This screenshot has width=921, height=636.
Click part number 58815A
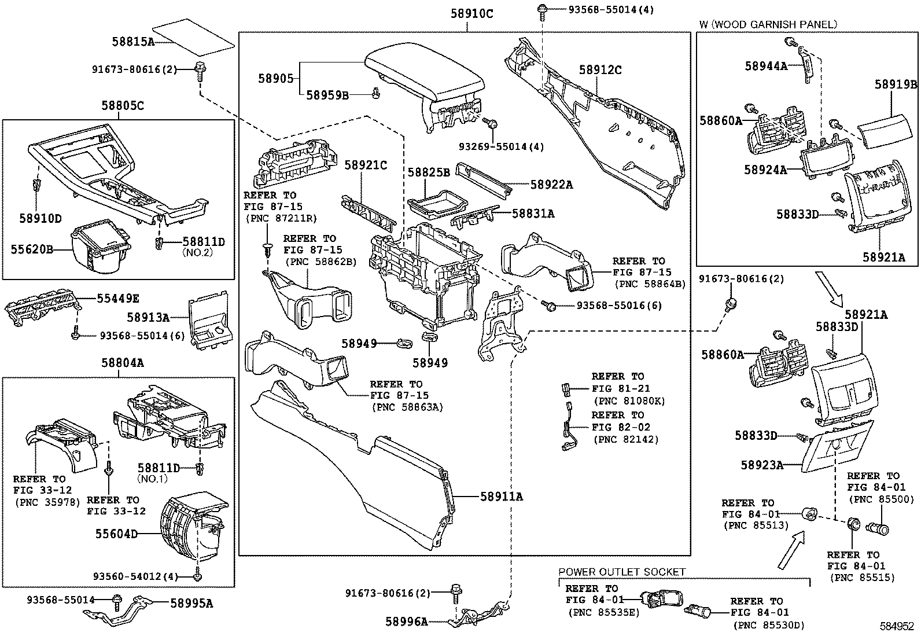point(133,41)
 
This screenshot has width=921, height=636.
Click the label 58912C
point(600,70)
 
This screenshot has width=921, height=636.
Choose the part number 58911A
point(501,496)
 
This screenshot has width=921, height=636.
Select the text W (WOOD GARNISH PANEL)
point(768,24)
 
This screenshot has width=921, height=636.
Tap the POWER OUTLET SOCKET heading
point(621,572)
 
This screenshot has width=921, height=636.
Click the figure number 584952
point(897,626)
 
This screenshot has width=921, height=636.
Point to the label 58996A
point(407,622)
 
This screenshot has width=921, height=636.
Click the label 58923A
point(762,465)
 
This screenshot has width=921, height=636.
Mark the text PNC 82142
point(625,439)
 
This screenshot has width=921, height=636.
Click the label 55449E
point(117,298)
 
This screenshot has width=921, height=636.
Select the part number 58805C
point(123,105)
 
